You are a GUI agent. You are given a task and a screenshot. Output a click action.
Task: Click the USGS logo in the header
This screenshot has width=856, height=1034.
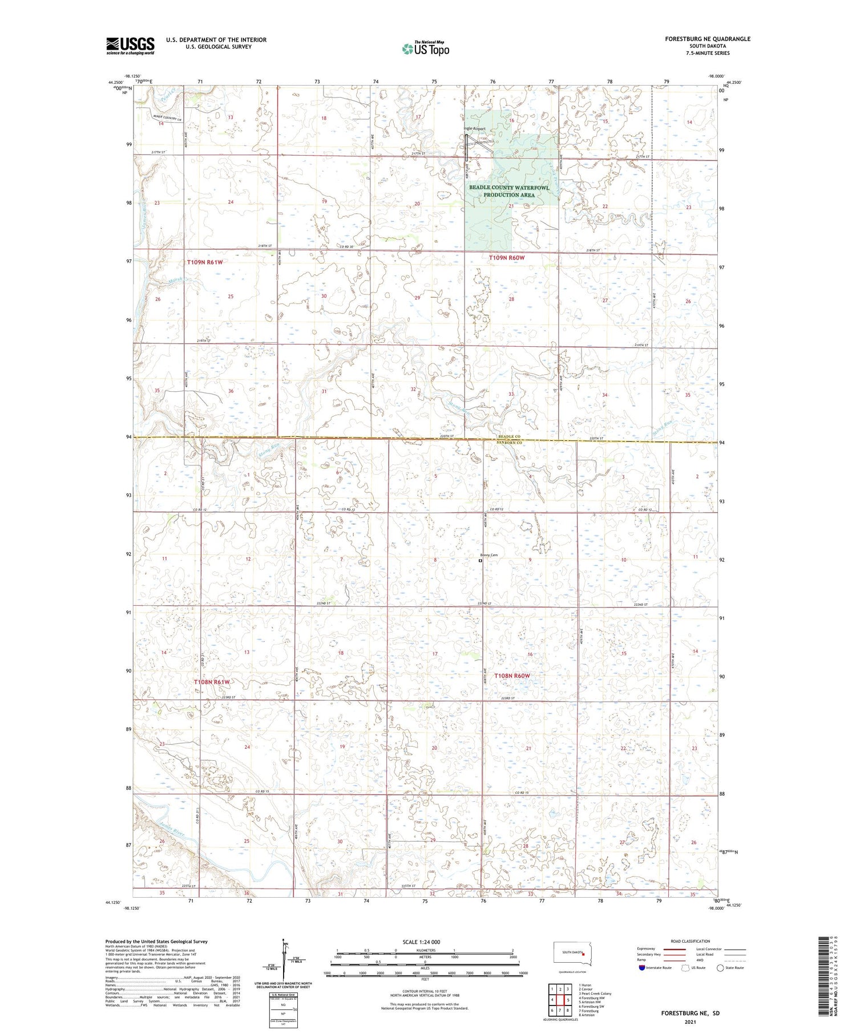pyautogui.click(x=130, y=46)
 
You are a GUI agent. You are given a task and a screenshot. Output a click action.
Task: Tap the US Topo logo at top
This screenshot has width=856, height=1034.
pyautogui.click(x=426, y=49)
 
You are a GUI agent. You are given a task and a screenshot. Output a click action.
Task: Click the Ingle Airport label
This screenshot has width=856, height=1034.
pyautogui.click(x=474, y=129)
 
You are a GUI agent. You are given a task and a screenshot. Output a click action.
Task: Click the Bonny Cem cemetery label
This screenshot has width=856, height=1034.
pyautogui.click(x=489, y=555)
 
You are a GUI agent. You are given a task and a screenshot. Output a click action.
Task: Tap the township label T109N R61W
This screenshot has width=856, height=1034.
pyautogui.click(x=205, y=262)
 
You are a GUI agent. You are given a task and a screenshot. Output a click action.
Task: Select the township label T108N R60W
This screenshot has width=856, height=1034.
pyautogui.click(x=512, y=676)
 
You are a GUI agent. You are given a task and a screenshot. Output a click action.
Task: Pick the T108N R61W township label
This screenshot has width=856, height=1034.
pyautogui.click(x=211, y=682)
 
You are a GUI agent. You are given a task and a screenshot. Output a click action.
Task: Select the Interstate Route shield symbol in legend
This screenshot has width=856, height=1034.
pyautogui.click(x=642, y=968)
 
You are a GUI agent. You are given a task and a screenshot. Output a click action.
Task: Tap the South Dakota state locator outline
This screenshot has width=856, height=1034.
pyautogui.click(x=573, y=954)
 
